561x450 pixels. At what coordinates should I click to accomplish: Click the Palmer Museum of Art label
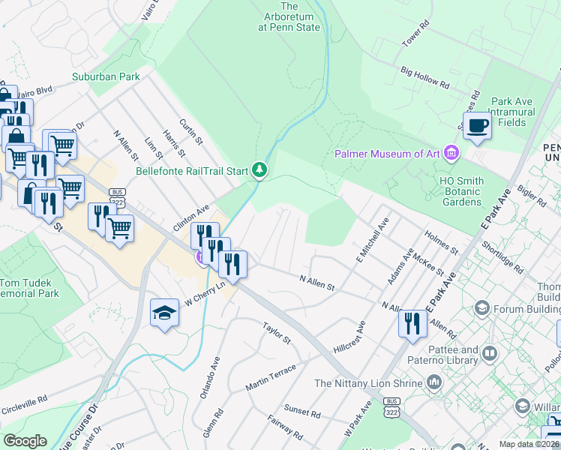pyautogui.click(x=387, y=154)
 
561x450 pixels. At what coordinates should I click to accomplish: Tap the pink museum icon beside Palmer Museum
pyautogui.click(x=451, y=154)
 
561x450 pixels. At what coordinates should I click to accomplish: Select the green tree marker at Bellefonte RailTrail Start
pyautogui.click(x=259, y=171)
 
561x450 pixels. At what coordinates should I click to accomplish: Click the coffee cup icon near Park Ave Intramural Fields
pyautogui.click(x=477, y=125)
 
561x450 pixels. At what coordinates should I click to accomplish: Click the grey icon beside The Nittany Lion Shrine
pyautogui.click(x=434, y=383)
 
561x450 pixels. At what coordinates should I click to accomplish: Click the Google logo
pyautogui.click(x=25, y=441)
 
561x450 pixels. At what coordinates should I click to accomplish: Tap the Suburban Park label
pyautogui.click(x=106, y=76)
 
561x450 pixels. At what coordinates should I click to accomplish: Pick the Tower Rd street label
pyautogui.click(x=415, y=34)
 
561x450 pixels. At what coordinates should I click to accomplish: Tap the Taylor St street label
pyautogui.click(x=276, y=332)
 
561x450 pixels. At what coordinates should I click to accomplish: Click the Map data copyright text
pyautogui.click(x=529, y=444)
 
